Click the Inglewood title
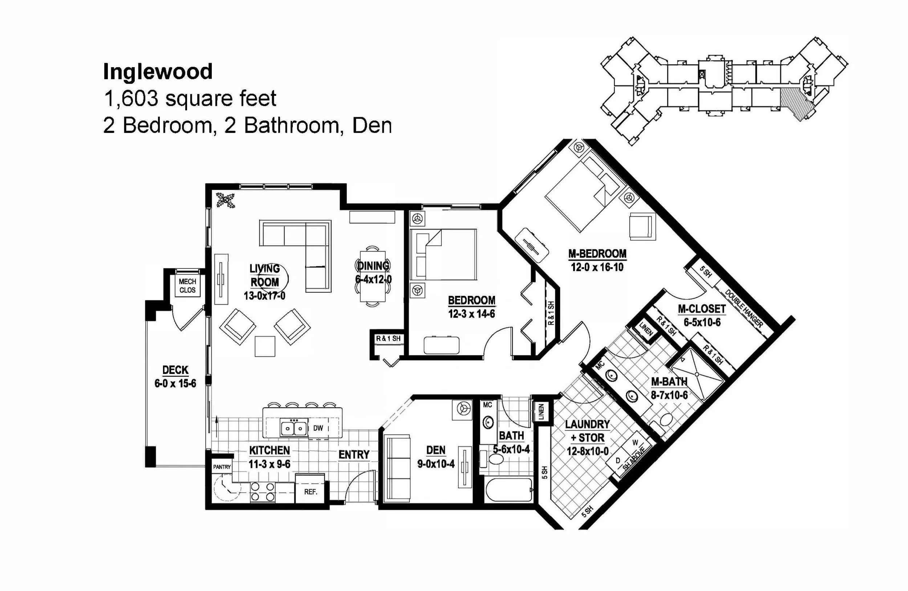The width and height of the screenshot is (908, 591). coord(158,72)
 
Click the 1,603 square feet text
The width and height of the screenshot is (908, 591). coord(190,98)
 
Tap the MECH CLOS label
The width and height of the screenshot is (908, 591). coord(187,286)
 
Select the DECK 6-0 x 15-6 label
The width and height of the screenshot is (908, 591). coord(175,376)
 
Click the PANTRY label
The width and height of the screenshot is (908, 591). coord(222,467)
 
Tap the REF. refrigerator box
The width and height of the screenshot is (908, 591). coord(311,492)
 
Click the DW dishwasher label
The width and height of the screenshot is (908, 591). coord(318,428)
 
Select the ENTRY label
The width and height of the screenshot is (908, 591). coord(354,455)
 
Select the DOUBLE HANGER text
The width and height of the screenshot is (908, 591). coord(743,309)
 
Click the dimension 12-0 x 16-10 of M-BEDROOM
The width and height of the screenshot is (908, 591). coord(597,267)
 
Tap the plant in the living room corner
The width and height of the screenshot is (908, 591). coord(226,200)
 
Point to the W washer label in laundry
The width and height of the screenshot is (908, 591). coord(635,443)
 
